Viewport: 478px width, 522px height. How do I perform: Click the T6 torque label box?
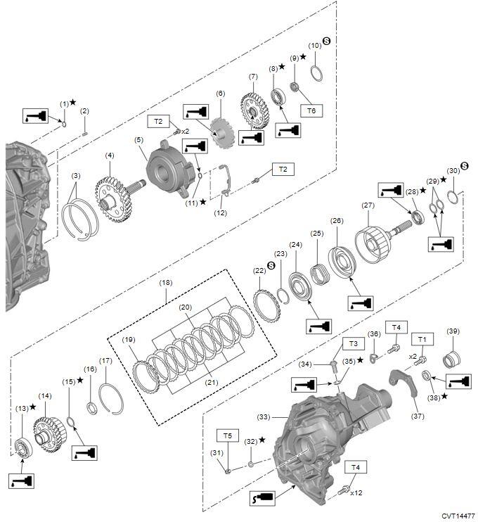[x=310, y=110]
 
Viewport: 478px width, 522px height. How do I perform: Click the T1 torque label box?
[x=422, y=339]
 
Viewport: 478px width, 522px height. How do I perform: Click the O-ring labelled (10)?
[x=316, y=72]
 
